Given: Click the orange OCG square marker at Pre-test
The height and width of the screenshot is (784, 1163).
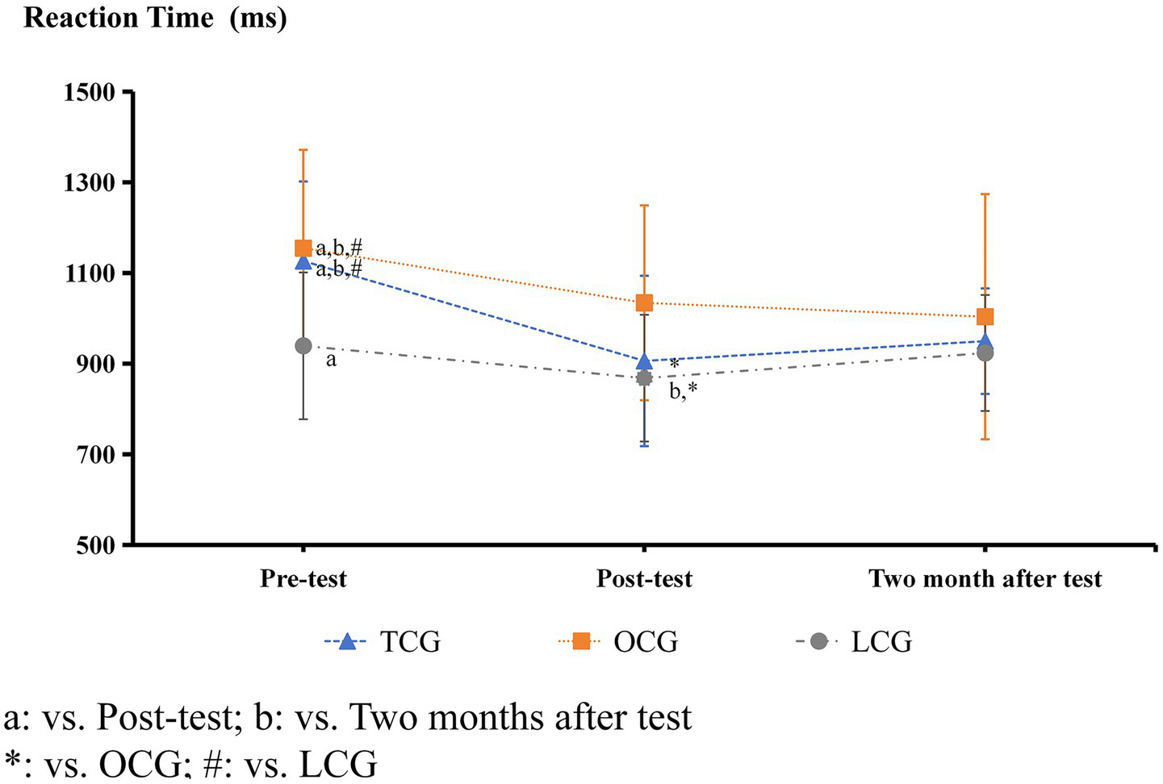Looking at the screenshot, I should tap(303, 248).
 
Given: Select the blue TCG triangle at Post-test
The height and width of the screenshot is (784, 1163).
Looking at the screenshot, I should tap(644, 361).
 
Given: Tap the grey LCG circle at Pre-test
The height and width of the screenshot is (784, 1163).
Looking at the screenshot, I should tap(303, 346).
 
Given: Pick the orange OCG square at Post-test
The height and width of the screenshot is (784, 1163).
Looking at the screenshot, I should tap(644, 302).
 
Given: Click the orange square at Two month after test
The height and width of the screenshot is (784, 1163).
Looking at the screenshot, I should tap(985, 317).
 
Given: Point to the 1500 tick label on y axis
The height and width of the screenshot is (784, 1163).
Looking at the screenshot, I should tap(90, 93).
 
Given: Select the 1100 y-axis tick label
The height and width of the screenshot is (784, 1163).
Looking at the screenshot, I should tap(90, 274).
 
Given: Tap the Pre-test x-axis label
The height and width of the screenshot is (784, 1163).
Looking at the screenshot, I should tap(303, 578).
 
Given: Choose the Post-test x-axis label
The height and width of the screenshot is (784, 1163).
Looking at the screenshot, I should tap(644, 578).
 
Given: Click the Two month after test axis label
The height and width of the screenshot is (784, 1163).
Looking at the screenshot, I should tap(985, 578).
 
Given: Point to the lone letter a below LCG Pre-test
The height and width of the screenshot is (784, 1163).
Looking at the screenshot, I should tap(331, 360).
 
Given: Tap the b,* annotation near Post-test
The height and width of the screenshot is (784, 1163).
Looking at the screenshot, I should tap(683, 391).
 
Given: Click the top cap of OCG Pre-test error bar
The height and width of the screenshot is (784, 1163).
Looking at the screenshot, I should tap(303, 150).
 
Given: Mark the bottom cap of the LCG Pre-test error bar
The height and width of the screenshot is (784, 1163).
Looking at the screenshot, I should tap(303, 419).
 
